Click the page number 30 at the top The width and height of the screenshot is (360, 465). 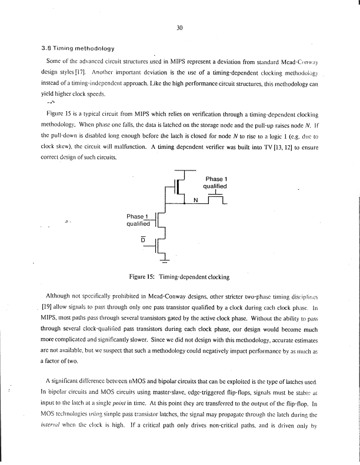(180, 25)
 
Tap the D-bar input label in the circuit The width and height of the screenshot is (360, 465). (142, 238)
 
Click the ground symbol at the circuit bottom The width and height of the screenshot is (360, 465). (164, 259)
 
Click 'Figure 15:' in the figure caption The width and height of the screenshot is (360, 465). (144, 276)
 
